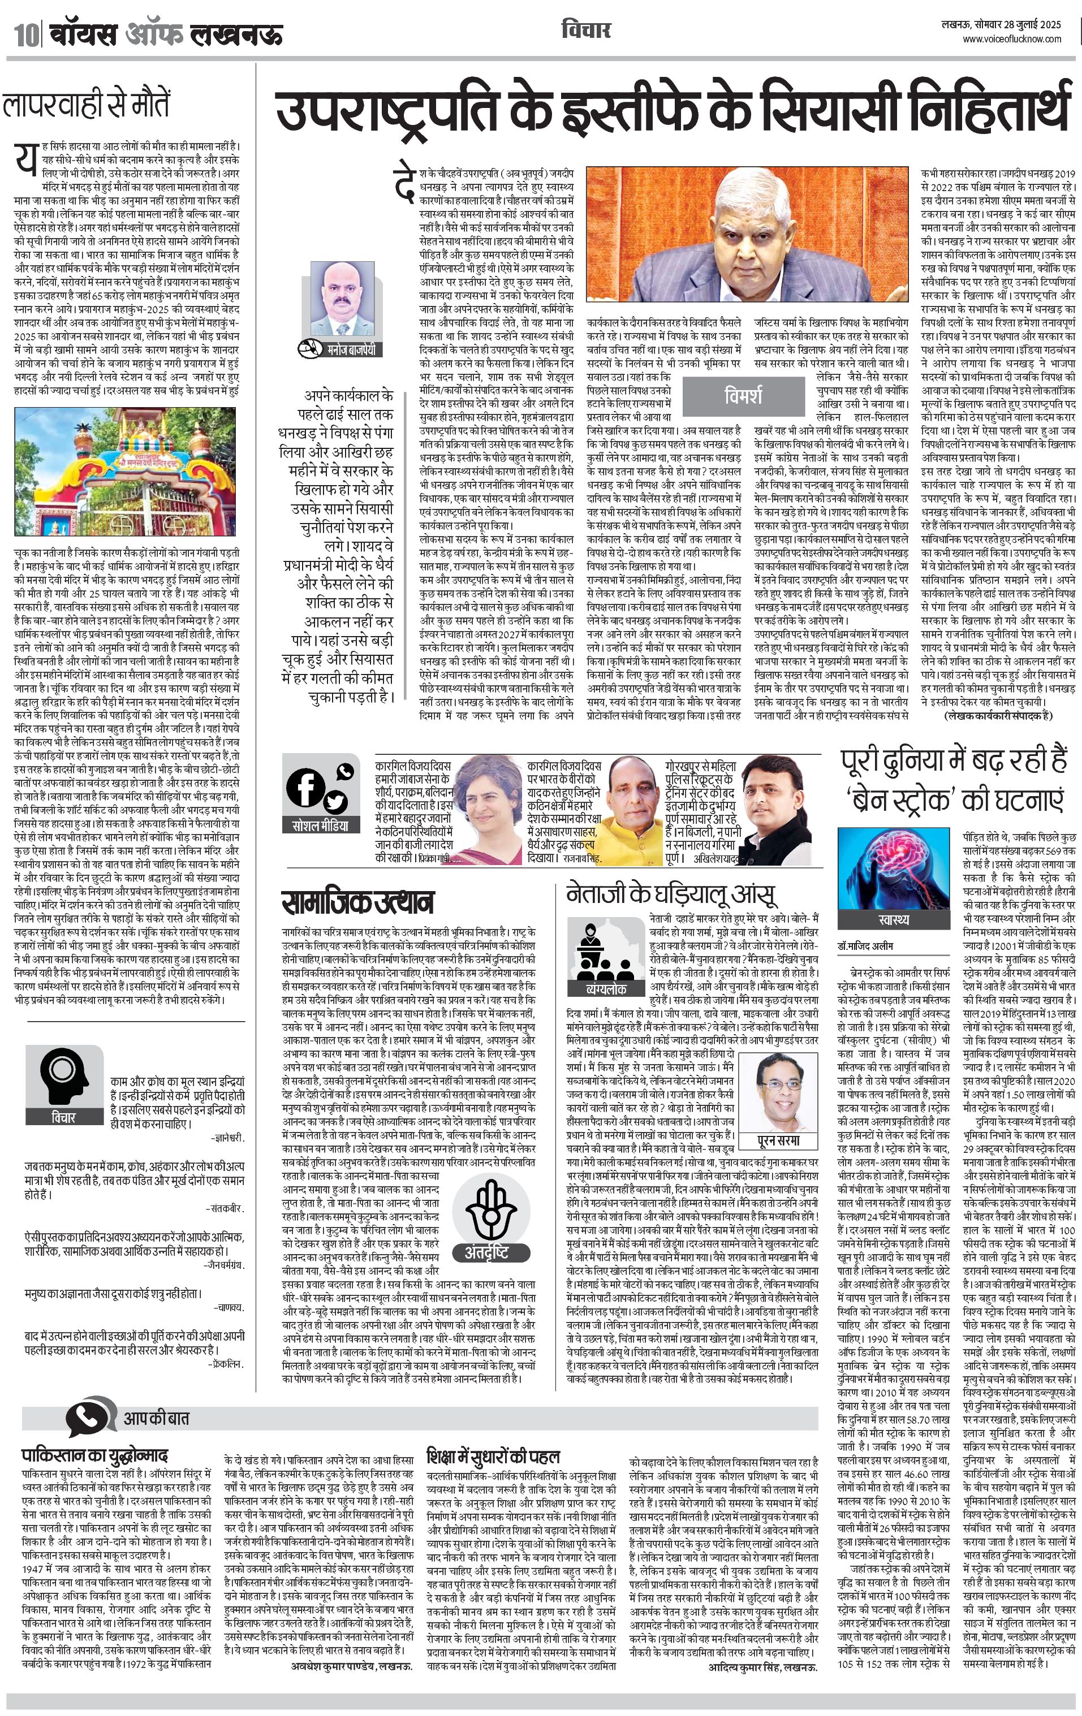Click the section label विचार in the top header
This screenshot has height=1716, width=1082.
click(585, 30)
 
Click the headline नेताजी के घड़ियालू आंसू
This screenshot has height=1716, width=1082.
click(671, 894)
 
